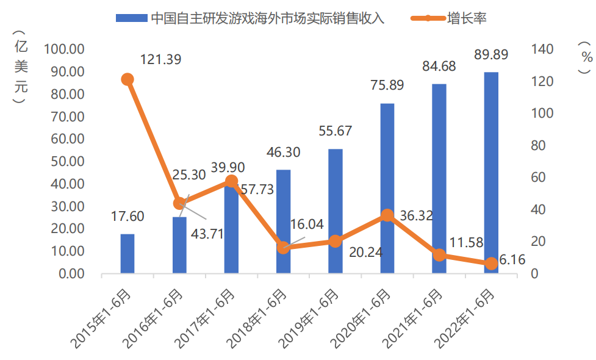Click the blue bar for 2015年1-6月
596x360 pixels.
127,253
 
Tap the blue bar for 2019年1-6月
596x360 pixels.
335,211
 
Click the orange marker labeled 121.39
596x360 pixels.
127,79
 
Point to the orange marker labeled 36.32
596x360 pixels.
387,215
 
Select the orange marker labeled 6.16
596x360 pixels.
491,264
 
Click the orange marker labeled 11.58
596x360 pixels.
439,255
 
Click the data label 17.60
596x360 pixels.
127,217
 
